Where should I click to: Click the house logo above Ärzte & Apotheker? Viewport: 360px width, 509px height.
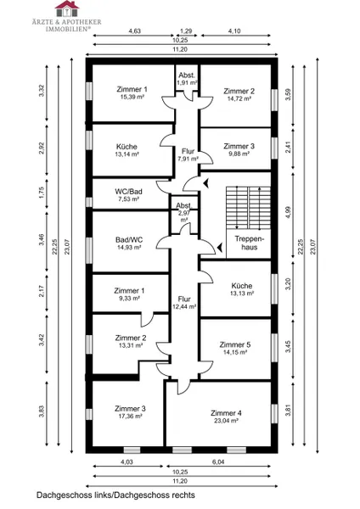click(67, 8)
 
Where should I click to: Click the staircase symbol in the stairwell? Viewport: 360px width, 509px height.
click(248, 208)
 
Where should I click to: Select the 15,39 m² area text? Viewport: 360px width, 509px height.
click(131, 97)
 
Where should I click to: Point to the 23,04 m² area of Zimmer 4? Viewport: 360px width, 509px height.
click(226, 421)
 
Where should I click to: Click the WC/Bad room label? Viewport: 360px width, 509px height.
click(128, 191)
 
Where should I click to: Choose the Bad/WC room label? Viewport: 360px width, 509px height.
click(129, 239)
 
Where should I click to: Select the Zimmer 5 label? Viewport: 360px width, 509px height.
click(235, 344)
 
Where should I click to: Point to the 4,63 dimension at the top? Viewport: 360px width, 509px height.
click(134, 31)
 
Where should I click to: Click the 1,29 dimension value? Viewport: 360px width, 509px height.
click(186, 31)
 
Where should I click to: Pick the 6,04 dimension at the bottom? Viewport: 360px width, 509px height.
click(218, 461)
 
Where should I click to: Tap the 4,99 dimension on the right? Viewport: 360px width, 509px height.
click(289, 212)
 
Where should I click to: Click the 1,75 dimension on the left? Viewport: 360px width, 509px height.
click(41, 193)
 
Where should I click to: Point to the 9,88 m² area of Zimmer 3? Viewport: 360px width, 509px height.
click(238, 154)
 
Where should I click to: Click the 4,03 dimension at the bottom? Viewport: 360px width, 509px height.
click(127, 461)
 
